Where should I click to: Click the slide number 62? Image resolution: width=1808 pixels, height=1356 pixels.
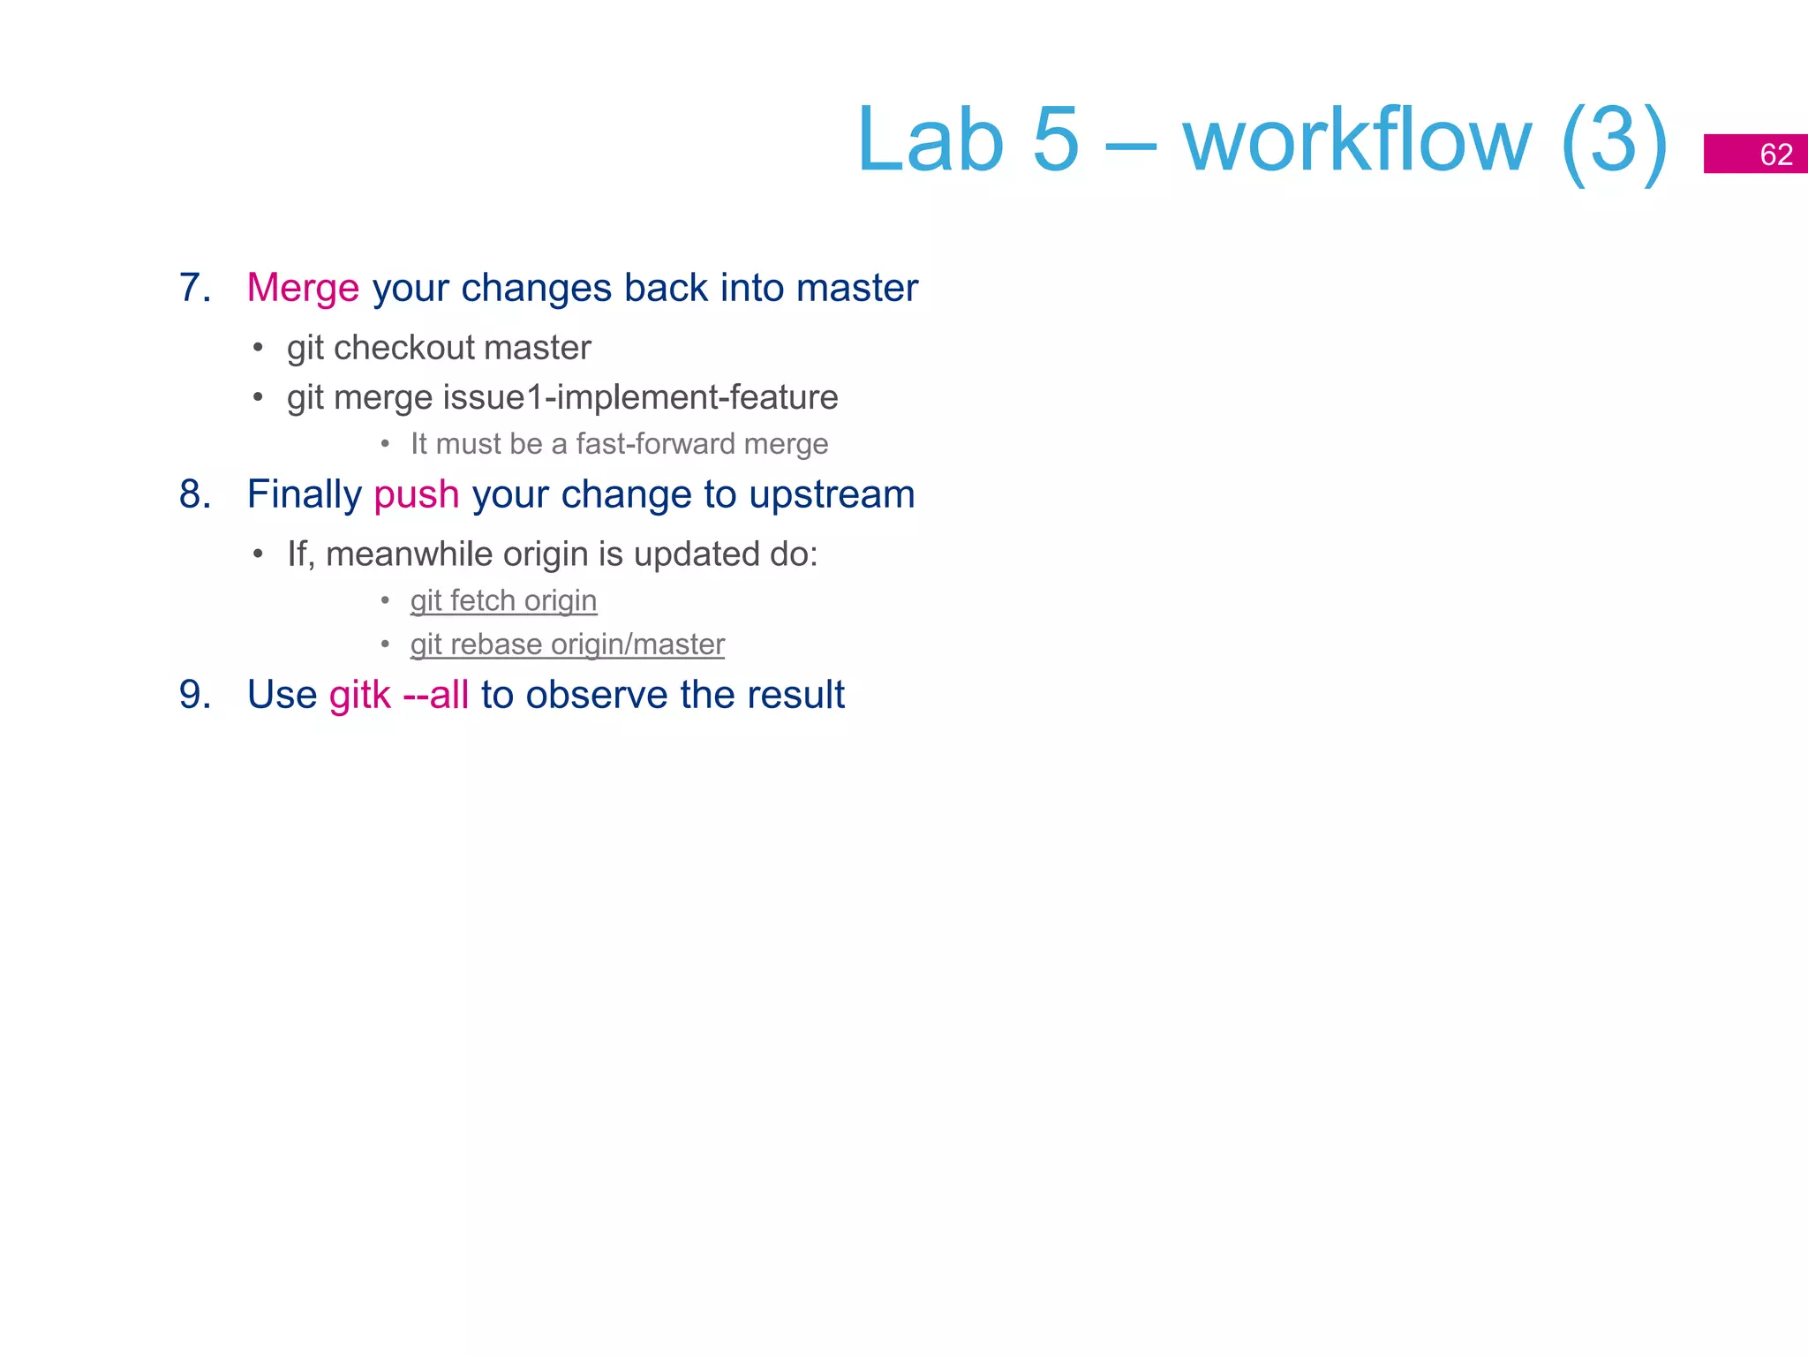[x=1775, y=154]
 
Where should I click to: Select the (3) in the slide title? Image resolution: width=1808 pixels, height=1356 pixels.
[x=1613, y=141]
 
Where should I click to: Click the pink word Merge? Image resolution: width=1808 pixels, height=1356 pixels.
[x=303, y=289]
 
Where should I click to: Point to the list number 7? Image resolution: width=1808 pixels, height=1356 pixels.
[x=194, y=289]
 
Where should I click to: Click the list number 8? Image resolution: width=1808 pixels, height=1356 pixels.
[x=194, y=494]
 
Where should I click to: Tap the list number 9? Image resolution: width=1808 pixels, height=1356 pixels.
[x=194, y=695]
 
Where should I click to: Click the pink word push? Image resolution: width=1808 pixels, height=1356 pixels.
[x=416, y=495]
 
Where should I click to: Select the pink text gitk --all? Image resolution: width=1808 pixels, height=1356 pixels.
[x=399, y=695]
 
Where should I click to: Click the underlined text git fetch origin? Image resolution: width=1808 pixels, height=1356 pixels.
[x=503, y=601]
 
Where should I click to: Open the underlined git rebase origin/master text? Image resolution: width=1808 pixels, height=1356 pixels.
[x=567, y=645]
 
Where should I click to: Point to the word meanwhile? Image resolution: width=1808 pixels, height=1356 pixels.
[x=409, y=554]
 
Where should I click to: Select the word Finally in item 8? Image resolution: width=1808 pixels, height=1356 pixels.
[x=304, y=495]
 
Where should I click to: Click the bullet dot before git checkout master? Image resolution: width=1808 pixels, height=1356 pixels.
[x=258, y=349]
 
